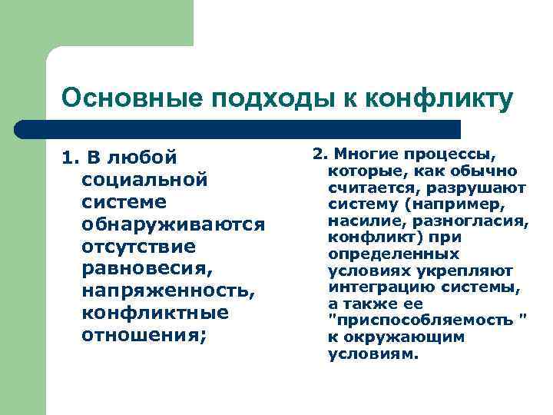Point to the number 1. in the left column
71,158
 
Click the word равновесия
144,270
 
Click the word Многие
360,154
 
